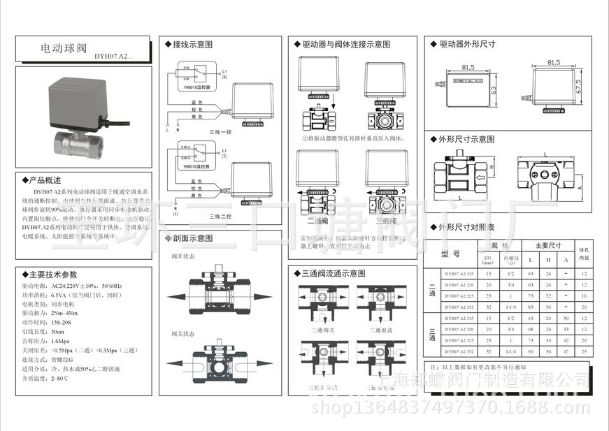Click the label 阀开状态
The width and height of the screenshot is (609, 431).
(x=182, y=256)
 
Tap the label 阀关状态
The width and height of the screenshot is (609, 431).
(x=182, y=334)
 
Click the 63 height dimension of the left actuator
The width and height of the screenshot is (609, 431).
(x=494, y=90)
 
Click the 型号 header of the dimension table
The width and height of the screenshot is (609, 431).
(x=450, y=254)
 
